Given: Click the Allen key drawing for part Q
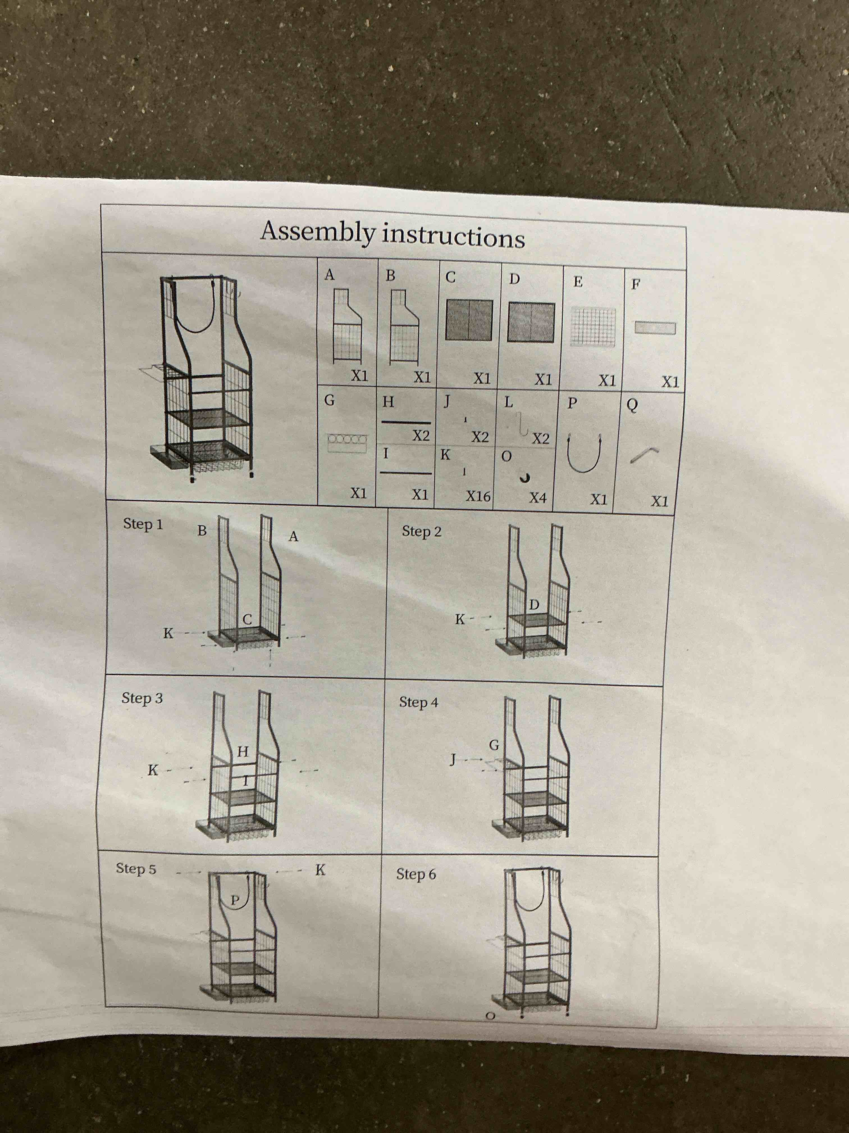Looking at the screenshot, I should point(644,454).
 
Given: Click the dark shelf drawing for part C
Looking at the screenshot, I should point(469,320).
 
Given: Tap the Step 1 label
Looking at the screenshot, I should point(143,524).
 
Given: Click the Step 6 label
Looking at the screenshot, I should point(416,874).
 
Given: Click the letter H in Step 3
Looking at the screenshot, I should point(243,751).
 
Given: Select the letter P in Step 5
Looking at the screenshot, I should point(235,899).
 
